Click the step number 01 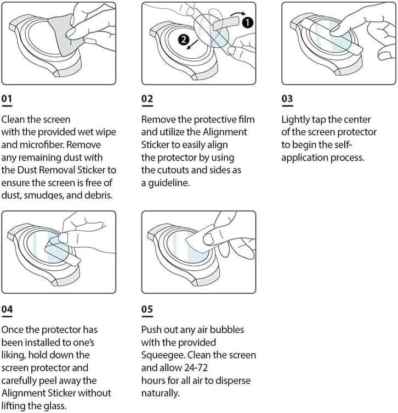coord(7,99)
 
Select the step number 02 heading coord(147,99)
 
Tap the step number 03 coord(287,99)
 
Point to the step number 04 coord(7,310)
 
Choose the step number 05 coord(147,310)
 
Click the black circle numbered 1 coord(248,22)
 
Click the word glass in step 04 coord(70,406)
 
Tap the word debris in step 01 coord(96,196)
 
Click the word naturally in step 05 coord(160,393)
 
